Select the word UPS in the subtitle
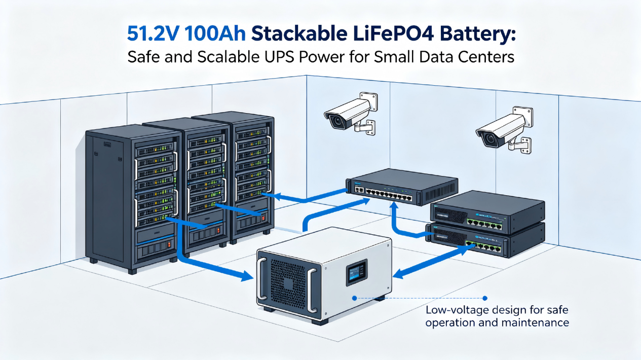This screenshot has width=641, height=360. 278,57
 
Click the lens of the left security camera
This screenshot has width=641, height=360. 337,121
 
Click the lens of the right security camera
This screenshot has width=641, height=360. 489,139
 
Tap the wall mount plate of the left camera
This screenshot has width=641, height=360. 368,102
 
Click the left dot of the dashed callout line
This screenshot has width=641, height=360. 354,298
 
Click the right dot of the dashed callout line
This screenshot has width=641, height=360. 485,299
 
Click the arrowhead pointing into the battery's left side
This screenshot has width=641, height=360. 246,276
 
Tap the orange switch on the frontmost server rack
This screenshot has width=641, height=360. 169,244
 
